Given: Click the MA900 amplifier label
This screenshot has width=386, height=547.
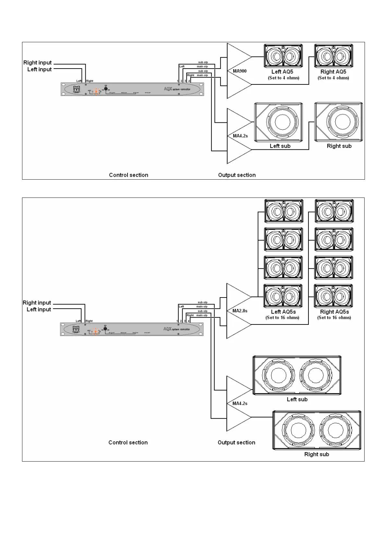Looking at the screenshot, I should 240,71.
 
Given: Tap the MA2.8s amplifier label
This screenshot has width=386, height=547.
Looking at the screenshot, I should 240,311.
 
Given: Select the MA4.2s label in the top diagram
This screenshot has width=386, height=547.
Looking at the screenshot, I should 240,136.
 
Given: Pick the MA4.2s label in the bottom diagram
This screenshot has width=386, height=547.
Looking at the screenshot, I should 240,403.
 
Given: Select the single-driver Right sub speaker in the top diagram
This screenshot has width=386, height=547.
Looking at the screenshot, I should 339,122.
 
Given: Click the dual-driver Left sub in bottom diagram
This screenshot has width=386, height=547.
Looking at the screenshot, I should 297,375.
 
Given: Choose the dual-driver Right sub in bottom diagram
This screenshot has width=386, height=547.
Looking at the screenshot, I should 317,430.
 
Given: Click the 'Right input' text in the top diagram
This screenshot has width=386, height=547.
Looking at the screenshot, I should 38,63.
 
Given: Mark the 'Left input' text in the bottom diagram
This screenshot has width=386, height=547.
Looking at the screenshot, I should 39,310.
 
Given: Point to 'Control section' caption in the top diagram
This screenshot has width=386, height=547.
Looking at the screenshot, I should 128,175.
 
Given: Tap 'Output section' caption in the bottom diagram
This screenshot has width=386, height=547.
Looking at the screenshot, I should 236,442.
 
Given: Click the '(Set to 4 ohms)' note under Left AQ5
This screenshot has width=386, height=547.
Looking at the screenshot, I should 283,78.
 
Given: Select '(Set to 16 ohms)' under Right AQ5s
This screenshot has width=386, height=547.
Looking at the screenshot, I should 334,317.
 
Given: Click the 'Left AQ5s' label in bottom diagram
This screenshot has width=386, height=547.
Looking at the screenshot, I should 283,312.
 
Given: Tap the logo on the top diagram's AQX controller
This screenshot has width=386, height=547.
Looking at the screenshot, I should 77,89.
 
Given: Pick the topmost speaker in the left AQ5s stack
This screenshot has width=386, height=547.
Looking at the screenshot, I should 284,211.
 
